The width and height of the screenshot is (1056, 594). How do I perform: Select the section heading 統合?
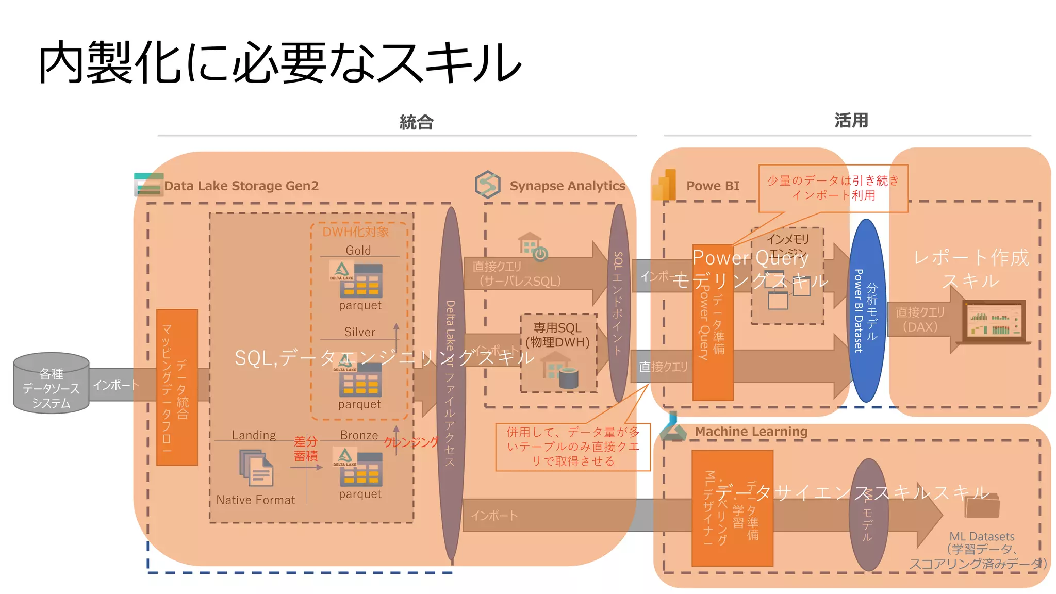tap(416, 122)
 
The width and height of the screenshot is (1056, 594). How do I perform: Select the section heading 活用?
tap(851, 120)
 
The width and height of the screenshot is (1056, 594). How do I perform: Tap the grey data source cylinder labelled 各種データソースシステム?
tap(51, 384)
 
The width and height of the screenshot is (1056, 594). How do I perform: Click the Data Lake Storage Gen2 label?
tap(241, 186)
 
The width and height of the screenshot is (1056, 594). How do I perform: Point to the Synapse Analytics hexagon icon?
tap(487, 185)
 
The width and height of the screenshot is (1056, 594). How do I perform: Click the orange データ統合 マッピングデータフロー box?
tap(177, 387)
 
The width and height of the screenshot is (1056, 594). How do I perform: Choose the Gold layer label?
tap(358, 251)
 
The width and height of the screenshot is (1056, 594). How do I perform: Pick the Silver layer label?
tap(359, 332)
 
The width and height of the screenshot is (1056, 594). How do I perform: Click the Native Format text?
tap(255, 500)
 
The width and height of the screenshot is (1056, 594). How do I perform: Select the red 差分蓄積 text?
tap(305, 449)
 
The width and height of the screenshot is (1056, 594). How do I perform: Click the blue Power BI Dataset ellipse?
tap(867, 310)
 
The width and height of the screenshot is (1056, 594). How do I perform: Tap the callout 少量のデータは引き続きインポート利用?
tap(833, 188)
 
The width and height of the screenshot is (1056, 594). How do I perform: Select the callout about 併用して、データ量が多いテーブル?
tap(572, 447)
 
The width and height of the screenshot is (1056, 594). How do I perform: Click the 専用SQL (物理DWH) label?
tap(557, 335)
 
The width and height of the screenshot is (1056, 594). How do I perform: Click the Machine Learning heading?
tap(751, 431)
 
